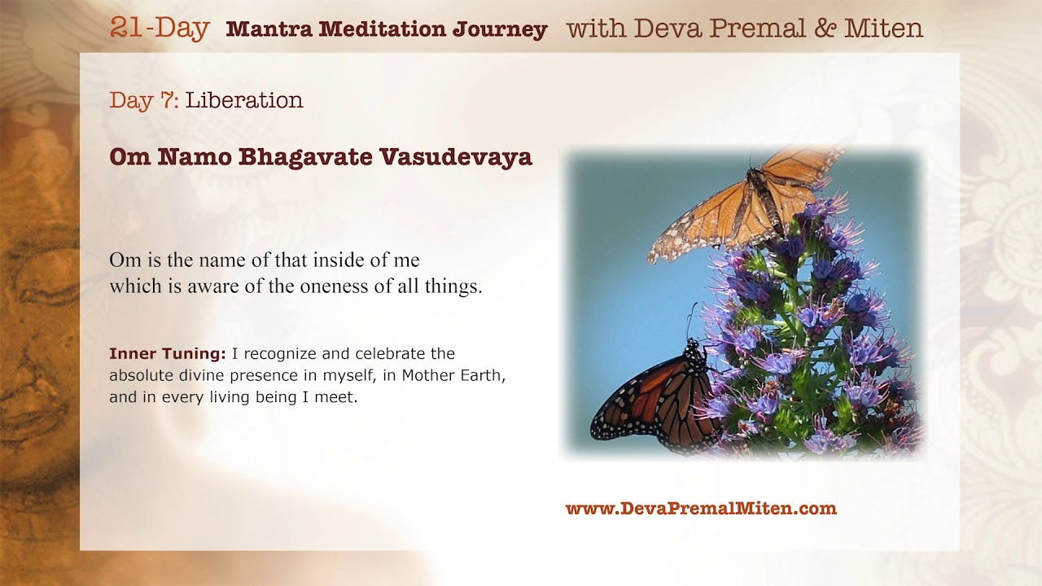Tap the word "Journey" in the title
[500, 30]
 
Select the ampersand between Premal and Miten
[825, 28]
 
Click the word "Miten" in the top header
[884, 28]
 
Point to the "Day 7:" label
[144, 100]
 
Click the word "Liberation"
[244, 100]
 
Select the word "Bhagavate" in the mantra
[305, 157]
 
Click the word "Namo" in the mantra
[195, 157]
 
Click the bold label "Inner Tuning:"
[168, 354]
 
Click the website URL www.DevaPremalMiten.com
[701, 509]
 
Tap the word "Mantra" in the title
[269, 28]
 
